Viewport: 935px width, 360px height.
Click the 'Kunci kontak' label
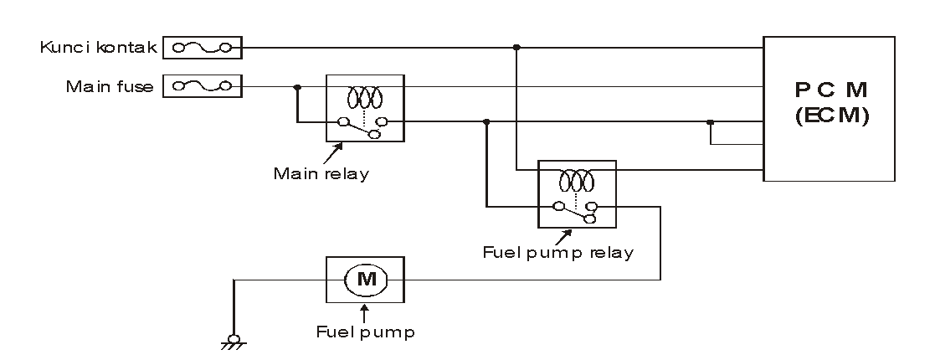click(x=99, y=47)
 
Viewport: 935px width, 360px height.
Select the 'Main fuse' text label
click(x=110, y=86)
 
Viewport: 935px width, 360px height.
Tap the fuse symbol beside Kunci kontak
click(x=202, y=48)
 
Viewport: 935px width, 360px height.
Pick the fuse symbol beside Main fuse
click(x=202, y=86)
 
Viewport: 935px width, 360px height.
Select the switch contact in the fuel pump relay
click(x=574, y=211)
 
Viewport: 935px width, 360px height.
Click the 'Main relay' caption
click(x=321, y=174)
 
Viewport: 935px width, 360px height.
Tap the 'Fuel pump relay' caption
click(x=558, y=251)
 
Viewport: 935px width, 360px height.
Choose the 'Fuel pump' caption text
click(x=365, y=331)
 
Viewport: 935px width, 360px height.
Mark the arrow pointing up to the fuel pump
click(x=365, y=311)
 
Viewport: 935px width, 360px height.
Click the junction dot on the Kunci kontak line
click(x=517, y=48)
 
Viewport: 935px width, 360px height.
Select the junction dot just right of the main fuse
click(x=297, y=86)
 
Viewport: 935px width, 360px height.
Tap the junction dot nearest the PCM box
click(x=710, y=123)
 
